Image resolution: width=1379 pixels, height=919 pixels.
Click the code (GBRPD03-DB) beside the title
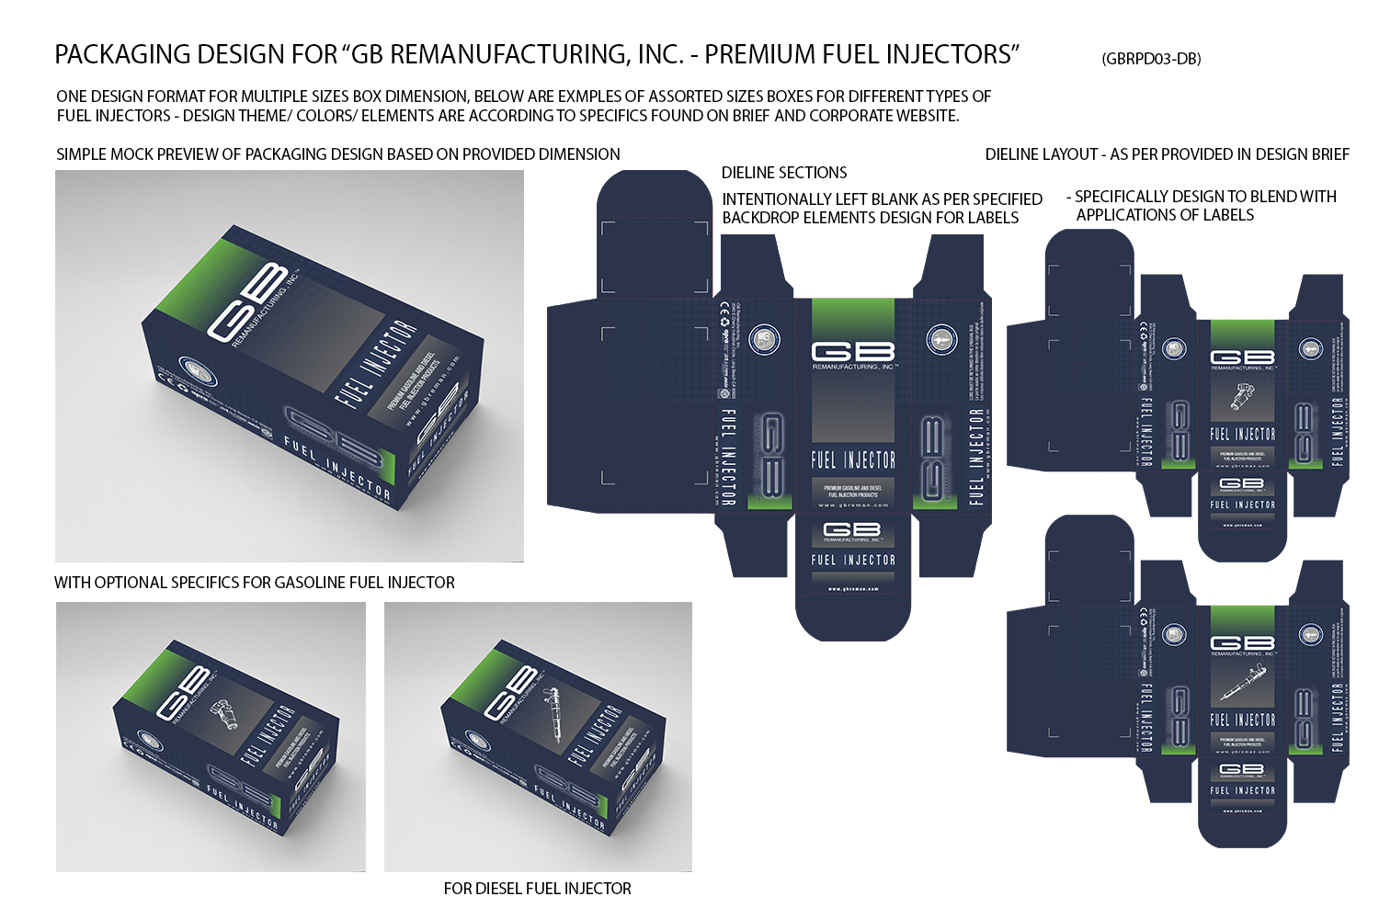pos(1151,59)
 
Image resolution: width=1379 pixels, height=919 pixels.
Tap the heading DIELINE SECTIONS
pos(784,173)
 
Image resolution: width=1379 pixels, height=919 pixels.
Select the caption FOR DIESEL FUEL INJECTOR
pos(537,889)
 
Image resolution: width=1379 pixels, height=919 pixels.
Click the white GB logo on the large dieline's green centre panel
pos(853,351)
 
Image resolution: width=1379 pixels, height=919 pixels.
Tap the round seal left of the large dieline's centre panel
pos(765,340)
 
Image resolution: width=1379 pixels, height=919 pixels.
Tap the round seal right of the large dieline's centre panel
pos(941,339)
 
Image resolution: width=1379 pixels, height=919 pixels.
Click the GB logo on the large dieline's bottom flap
pos(852,529)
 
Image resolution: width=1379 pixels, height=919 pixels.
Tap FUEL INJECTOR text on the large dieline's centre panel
pos(853,459)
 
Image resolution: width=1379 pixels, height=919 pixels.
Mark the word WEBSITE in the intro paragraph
pos(922,116)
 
